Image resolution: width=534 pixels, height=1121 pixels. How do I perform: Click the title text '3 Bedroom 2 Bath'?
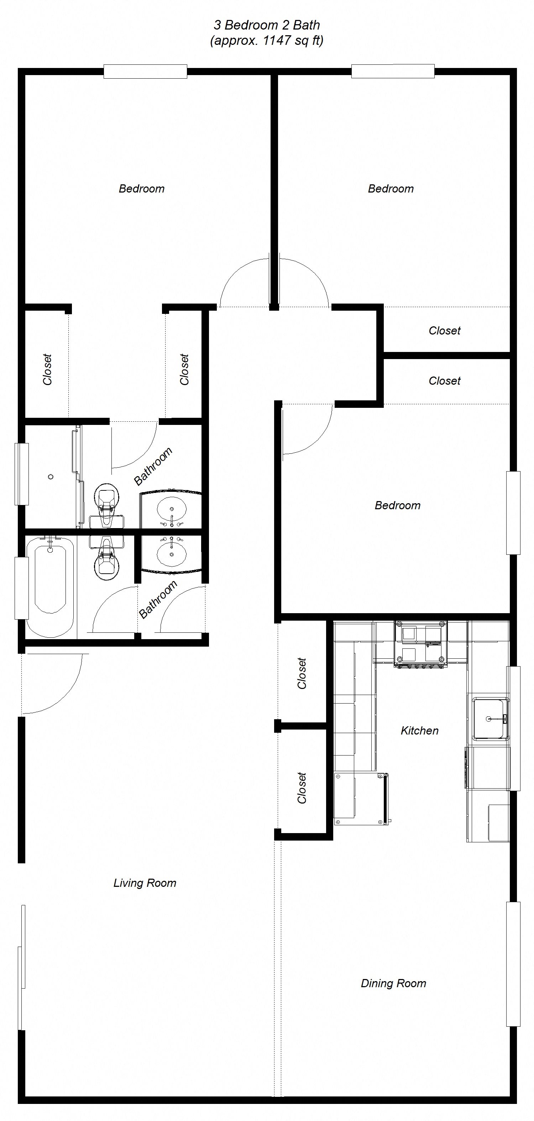[x=266, y=25]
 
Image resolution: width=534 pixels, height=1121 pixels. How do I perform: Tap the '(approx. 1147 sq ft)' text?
[x=266, y=41]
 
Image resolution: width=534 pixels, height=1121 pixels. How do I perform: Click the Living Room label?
[x=145, y=883]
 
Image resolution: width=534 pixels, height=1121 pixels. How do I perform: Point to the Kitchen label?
[x=419, y=731]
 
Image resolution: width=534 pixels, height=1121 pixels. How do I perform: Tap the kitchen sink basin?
[x=491, y=719]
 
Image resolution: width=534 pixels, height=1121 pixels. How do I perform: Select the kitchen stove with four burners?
[x=420, y=644]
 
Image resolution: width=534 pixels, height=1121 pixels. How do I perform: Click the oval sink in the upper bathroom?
[x=172, y=508]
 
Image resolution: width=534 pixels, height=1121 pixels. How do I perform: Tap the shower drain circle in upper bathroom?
[x=51, y=477]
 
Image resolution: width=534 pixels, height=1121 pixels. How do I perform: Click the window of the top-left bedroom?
[x=145, y=72]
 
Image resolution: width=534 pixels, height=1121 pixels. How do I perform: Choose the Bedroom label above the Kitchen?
[x=397, y=506]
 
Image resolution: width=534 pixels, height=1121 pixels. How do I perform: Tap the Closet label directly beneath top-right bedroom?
[x=444, y=331]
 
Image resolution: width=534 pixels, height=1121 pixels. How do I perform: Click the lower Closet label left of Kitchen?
[x=302, y=788]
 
